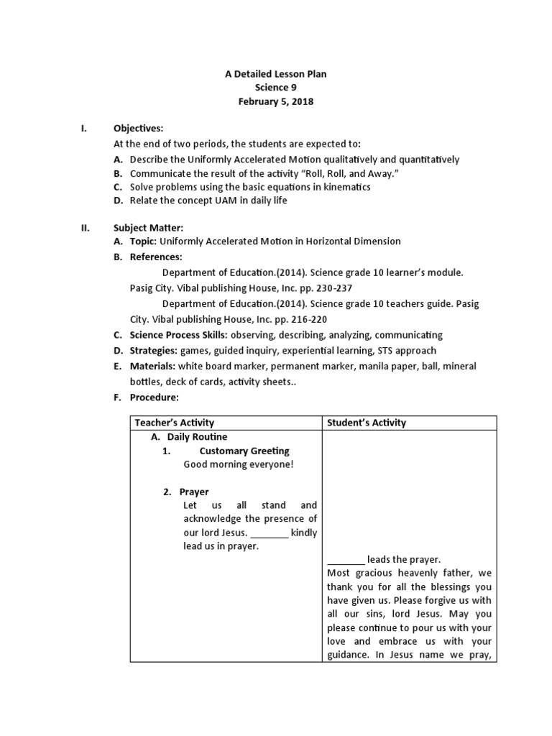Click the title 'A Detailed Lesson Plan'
tap(276, 74)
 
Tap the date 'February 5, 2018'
tap(276, 101)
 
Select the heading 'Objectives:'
tap(139, 129)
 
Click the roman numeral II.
tap(84, 228)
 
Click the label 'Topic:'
tap(143, 241)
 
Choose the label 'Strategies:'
tap(153, 351)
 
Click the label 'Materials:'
tap(152, 366)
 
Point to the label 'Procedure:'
tap(154, 397)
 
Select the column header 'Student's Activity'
tap(367, 423)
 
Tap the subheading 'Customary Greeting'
tap(244, 451)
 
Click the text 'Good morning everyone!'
tap(239, 464)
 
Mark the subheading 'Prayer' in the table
tap(194, 492)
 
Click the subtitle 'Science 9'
tap(276, 88)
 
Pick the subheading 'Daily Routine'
tap(197, 437)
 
